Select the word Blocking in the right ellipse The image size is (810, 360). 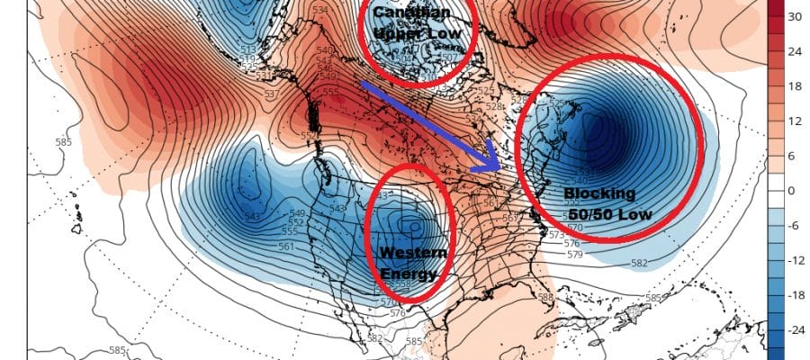(598, 193)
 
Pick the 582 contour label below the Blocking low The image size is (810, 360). (638, 263)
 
